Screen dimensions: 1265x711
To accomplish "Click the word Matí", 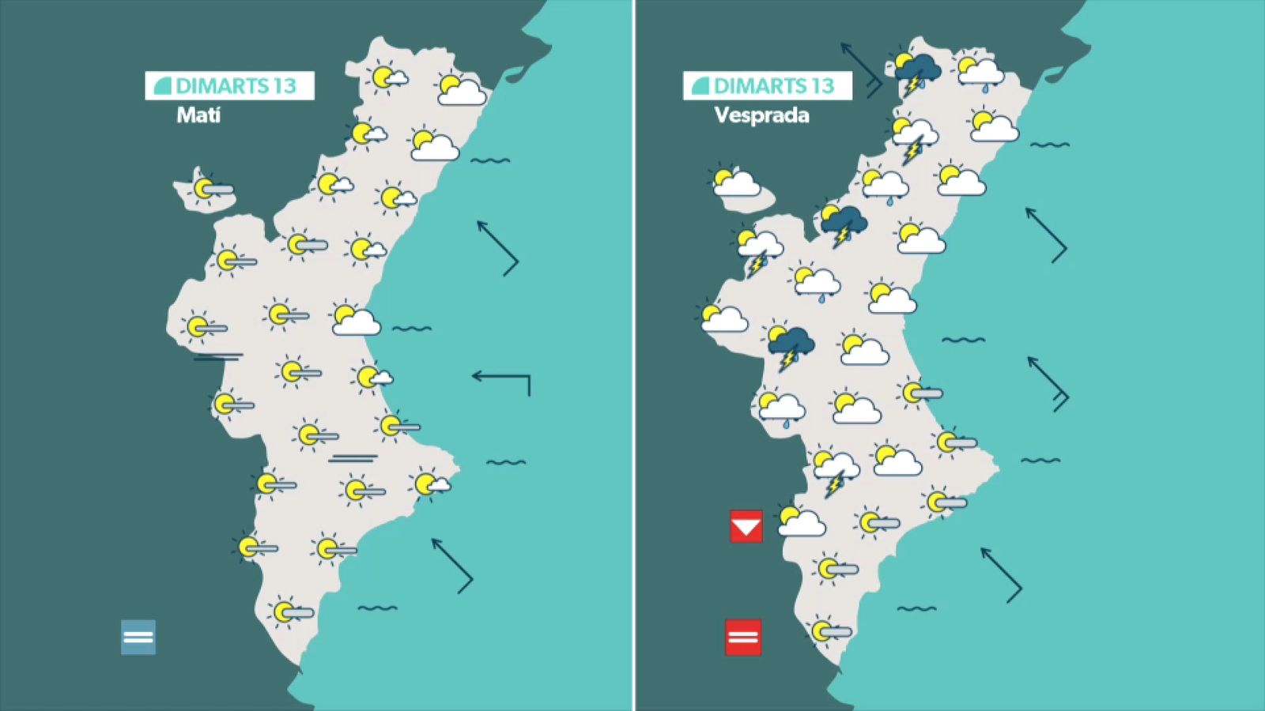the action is coord(198,115).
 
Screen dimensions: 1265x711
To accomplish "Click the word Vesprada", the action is coord(761,115).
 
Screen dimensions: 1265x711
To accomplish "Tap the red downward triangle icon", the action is coord(746,526).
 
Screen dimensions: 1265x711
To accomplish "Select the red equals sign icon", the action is coord(743,637).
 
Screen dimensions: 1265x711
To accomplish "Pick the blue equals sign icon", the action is coord(138,637).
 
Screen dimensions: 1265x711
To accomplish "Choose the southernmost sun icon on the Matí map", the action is coord(284,611).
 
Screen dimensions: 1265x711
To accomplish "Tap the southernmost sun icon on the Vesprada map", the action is coord(822,630).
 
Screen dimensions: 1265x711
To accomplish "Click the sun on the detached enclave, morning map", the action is coord(203,188).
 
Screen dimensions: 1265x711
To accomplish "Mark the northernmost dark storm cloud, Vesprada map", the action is coord(919,68).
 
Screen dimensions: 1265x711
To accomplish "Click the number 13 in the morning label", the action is coord(285,85).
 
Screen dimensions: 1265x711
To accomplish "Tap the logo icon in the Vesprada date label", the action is coord(700,85).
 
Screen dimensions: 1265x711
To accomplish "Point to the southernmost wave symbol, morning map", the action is coord(377,608).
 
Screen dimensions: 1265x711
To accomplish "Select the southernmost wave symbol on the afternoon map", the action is coord(916,608).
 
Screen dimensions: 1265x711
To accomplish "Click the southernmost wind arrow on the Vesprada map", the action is coord(1001,574).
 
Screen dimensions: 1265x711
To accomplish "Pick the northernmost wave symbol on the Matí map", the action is coord(490,160).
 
